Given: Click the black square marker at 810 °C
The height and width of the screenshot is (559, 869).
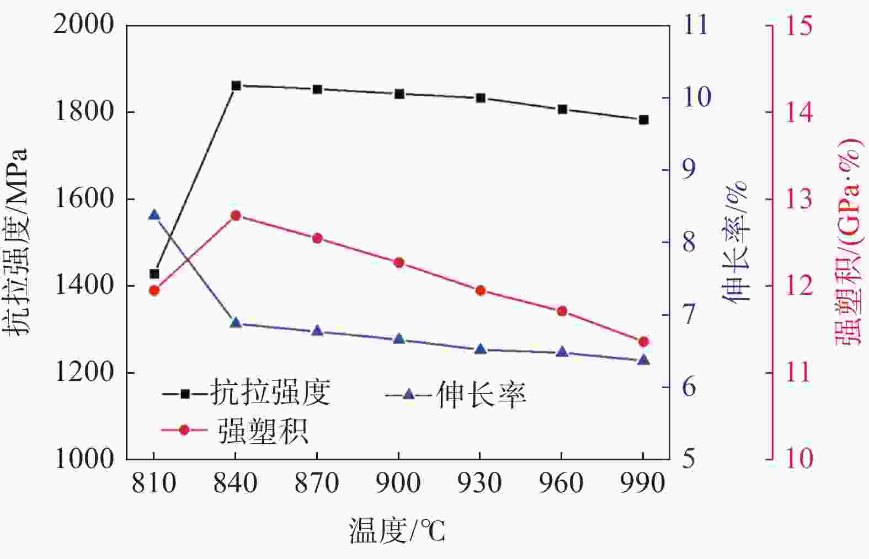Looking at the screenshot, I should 154,274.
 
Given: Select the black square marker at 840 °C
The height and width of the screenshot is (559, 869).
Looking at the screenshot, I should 236,85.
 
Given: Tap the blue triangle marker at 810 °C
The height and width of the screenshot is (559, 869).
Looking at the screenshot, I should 154,214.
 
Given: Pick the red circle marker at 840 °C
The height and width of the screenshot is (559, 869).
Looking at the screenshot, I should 236,216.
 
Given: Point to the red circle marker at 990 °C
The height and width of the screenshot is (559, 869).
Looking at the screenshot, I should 643,342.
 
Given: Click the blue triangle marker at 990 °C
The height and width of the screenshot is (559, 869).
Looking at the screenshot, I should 643,360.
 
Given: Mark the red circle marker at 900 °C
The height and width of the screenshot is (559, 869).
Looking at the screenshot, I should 399,262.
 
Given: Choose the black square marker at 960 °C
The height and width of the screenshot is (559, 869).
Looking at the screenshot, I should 562,109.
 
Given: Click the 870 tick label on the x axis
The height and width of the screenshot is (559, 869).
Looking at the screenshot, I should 317,483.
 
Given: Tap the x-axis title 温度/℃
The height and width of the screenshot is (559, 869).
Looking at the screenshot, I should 397,531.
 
